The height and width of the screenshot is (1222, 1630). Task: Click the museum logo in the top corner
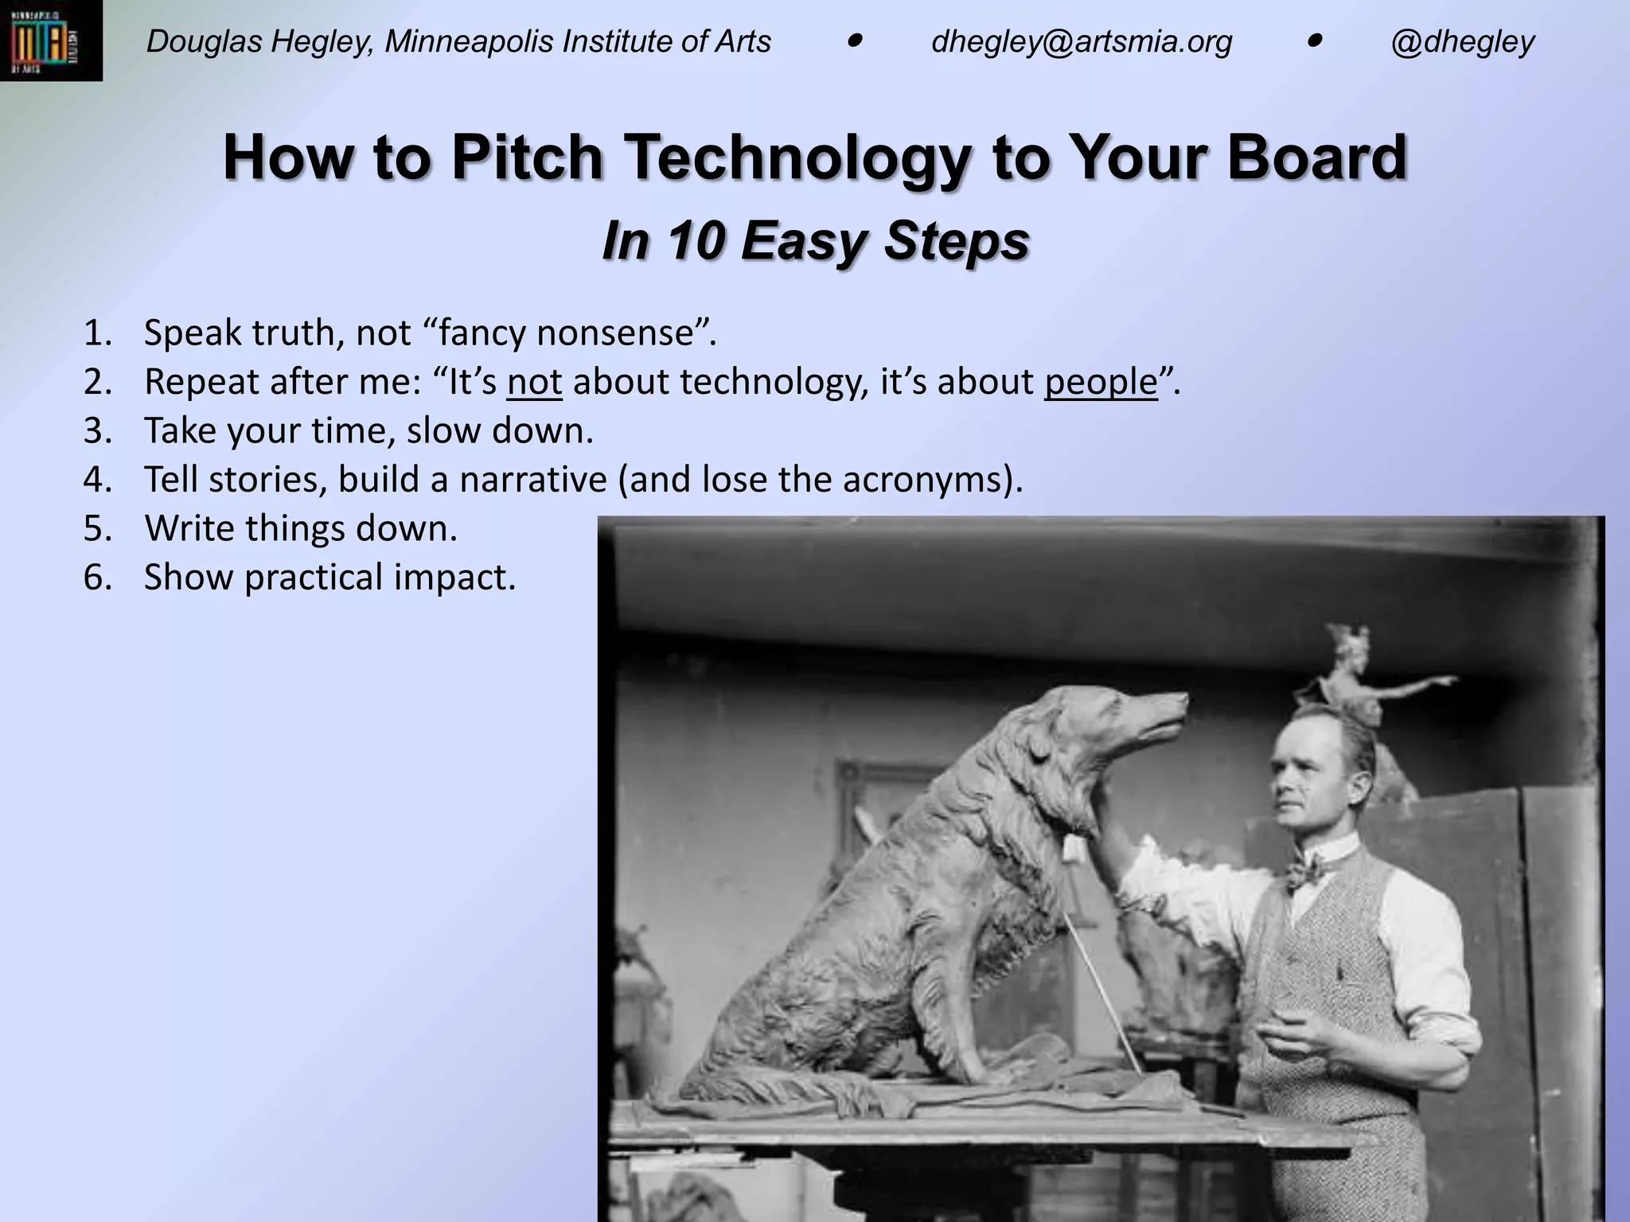tap(50, 41)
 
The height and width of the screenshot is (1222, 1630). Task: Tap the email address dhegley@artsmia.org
tap(1081, 41)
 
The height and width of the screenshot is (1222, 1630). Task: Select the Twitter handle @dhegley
tap(1462, 41)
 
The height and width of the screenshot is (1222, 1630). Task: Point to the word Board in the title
tap(1316, 157)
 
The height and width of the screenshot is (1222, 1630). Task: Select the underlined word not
tap(534, 382)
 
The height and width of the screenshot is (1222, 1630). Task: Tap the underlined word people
tap(1101, 382)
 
